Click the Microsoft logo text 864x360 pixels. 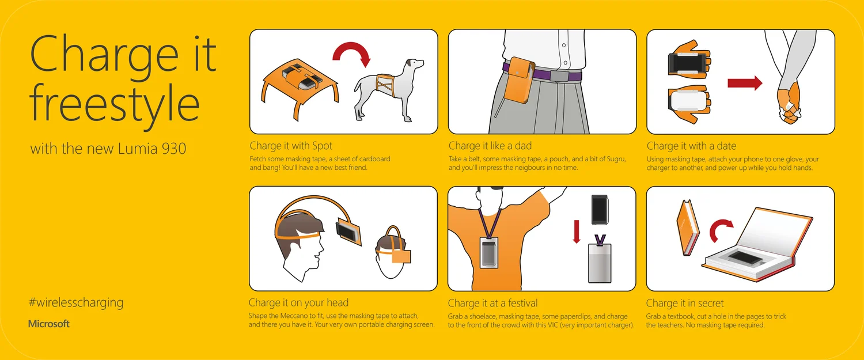click(x=49, y=324)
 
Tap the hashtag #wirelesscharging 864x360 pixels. click(x=75, y=302)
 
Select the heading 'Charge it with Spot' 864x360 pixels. click(x=291, y=146)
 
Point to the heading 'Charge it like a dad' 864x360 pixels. click(x=490, y=146)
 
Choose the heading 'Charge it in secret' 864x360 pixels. click(x=685, y=303)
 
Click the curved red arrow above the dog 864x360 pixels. click(x=351, y=58)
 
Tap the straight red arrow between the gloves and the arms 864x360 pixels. click(x=745, y=84)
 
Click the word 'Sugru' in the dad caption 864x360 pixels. click(x=613, y=159)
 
